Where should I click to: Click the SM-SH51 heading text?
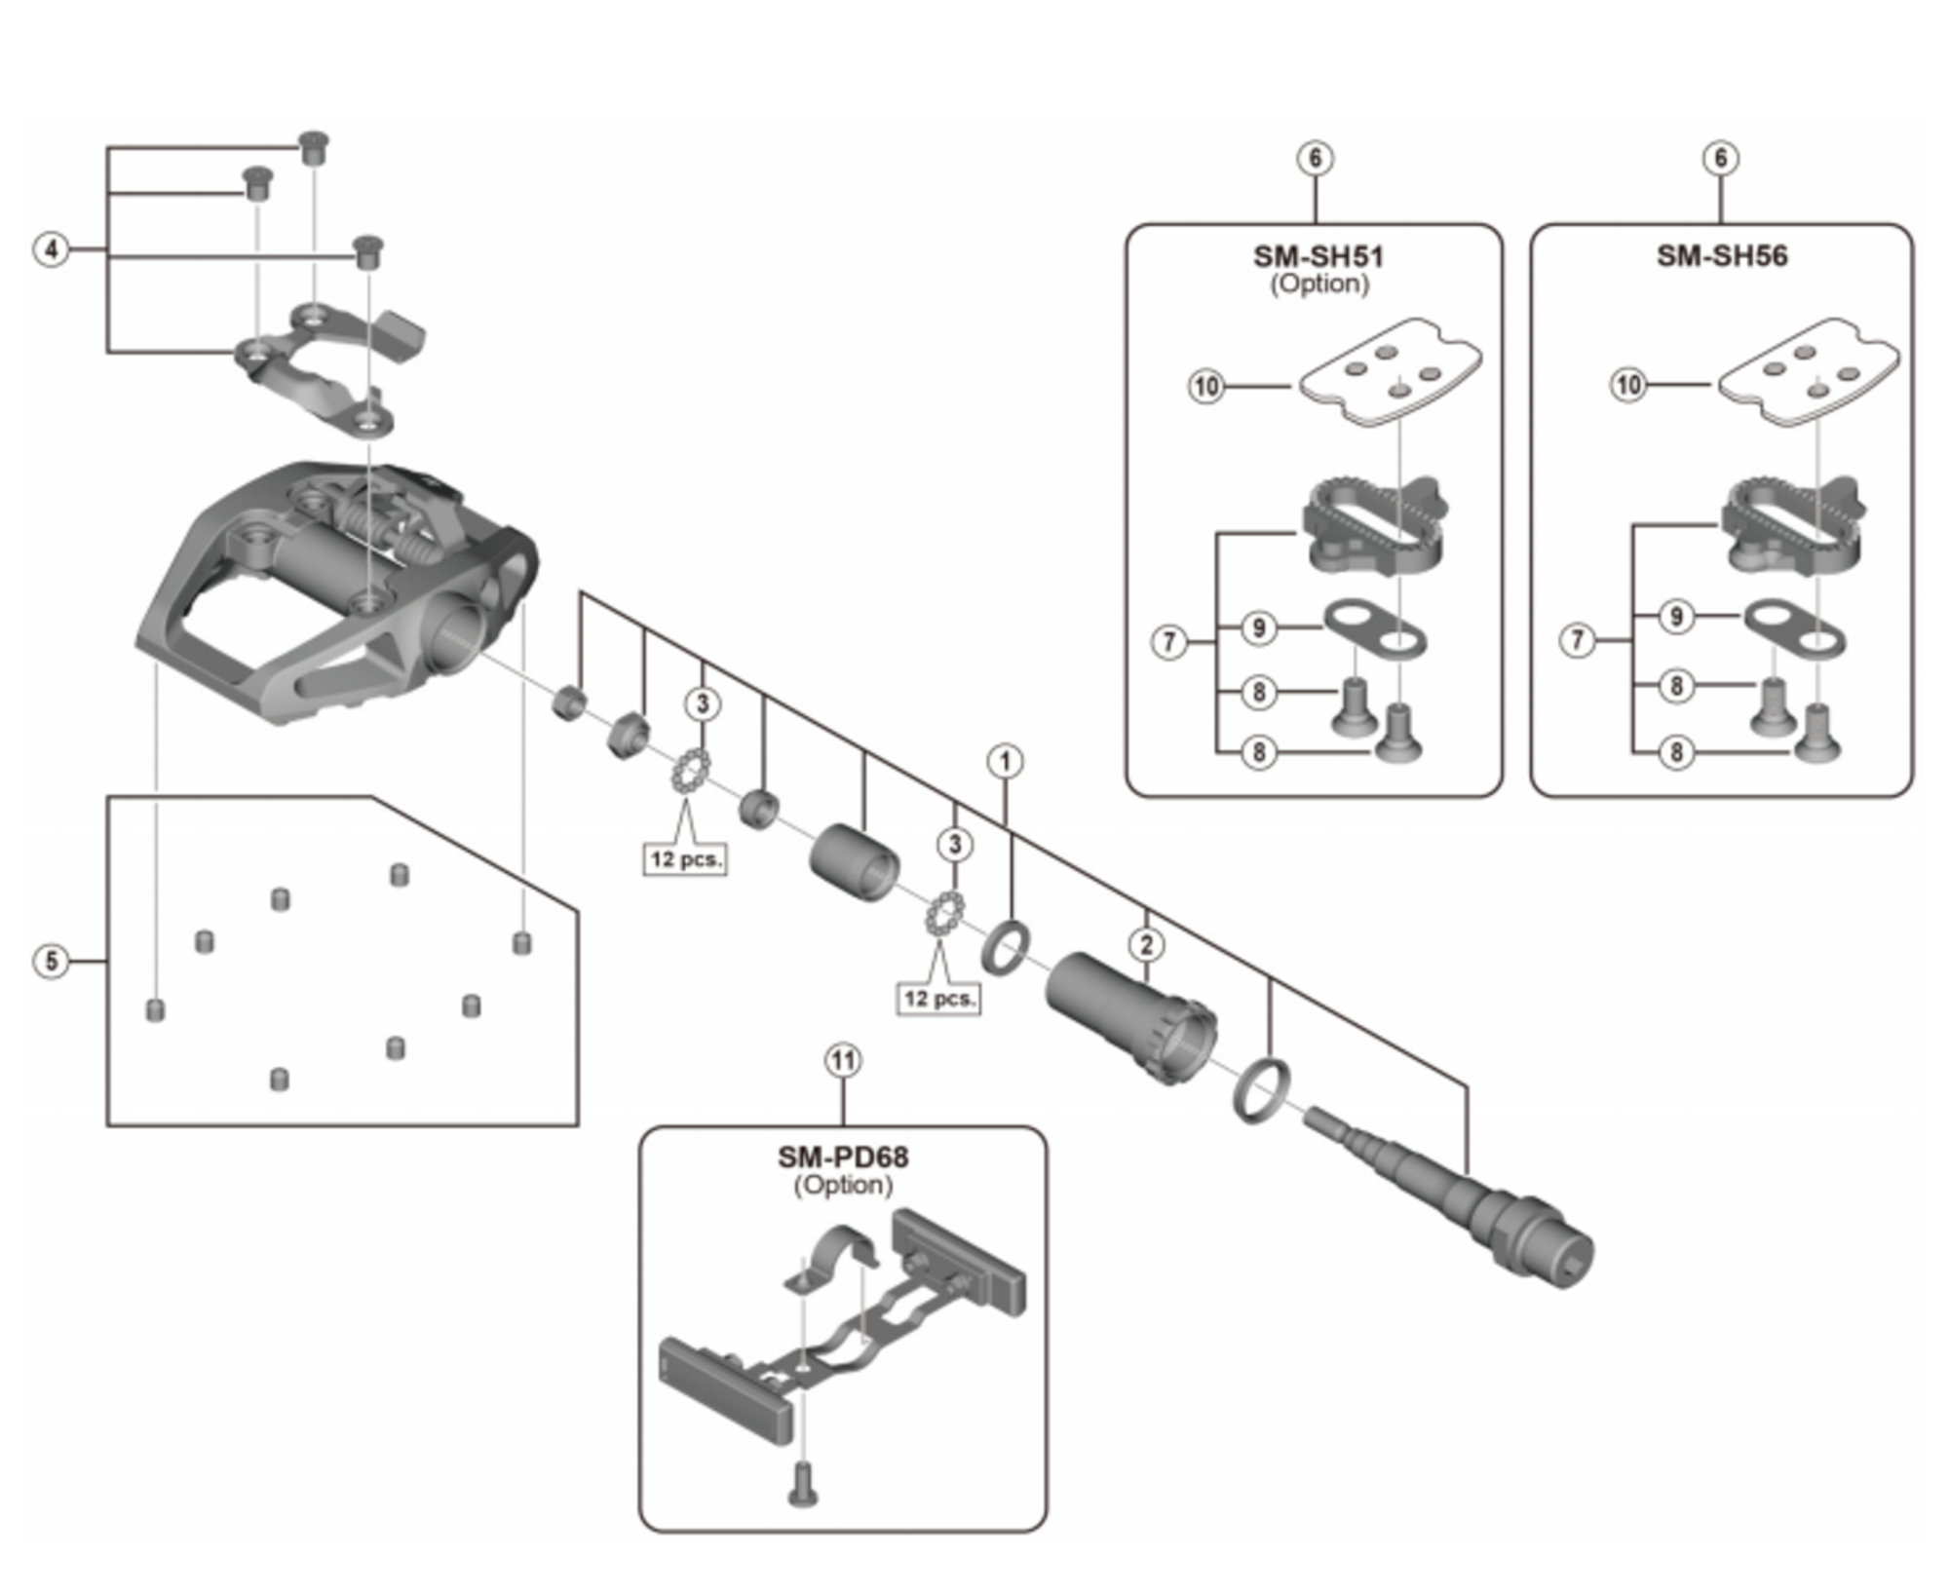1317,256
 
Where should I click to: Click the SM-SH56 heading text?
1721,256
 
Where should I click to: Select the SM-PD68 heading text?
842,1157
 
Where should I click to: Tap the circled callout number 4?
52,249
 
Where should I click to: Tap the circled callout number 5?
52,962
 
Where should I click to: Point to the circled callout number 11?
843,1060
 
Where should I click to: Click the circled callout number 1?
1005,761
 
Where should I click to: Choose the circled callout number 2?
1146,944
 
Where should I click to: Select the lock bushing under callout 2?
1130,1017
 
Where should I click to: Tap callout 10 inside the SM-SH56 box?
1628,385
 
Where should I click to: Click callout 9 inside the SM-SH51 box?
1258,627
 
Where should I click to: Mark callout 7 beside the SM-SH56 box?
1577,640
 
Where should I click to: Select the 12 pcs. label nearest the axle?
937,999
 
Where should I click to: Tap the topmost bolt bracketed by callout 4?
313,148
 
